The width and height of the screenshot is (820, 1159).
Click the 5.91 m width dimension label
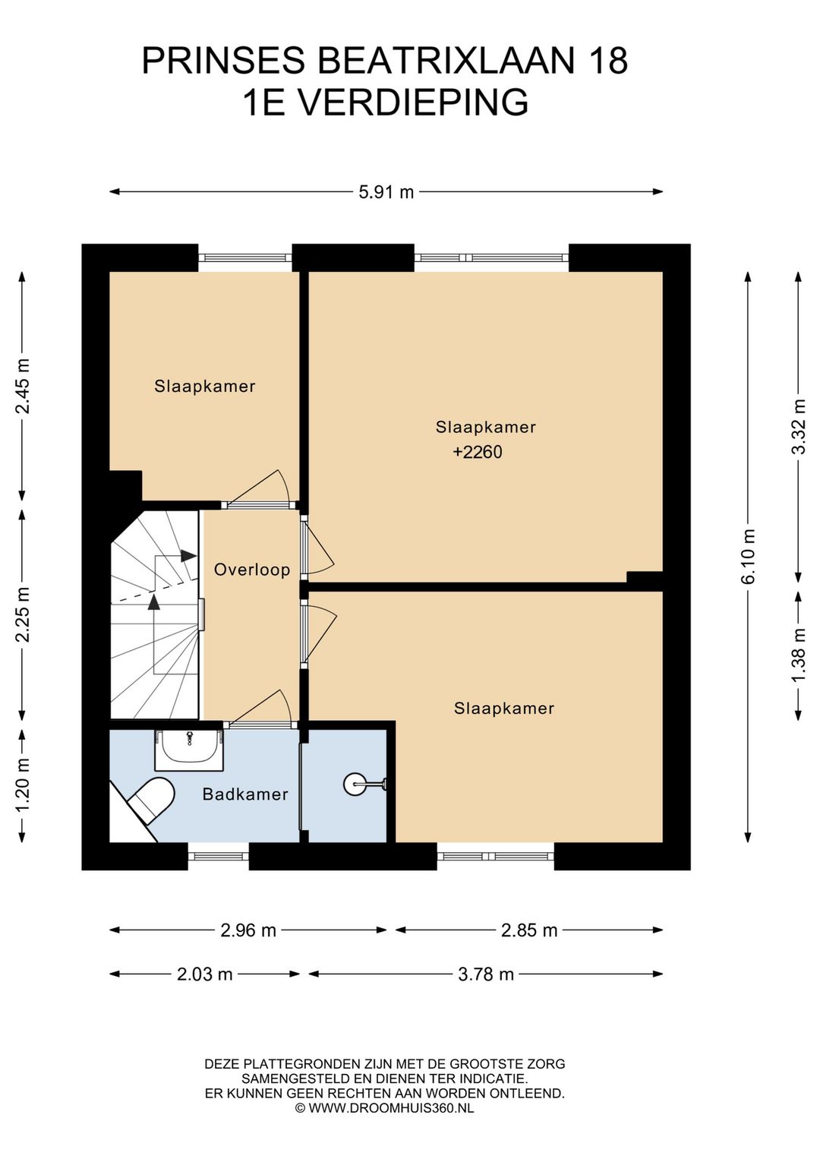coord(386,192)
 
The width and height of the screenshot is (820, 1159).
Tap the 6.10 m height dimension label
coord(748,556)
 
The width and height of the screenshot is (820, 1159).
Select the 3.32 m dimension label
coord(799,427)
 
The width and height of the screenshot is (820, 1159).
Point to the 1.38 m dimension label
coord(799,655)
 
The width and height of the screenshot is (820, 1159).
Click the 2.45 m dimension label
coord(22,386)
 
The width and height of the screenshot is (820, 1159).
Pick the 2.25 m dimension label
coord(22,614)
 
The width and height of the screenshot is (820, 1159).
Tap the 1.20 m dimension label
coord(22,784)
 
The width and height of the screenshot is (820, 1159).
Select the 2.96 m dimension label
coord(248,930)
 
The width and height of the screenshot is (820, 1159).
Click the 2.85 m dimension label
coord(529,930)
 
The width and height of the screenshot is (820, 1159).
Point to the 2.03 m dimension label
coord(205,974)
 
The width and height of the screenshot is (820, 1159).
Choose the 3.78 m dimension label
coord(486,974)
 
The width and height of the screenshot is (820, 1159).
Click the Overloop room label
coord(252,570)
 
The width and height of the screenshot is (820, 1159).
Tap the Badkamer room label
coord(245,794)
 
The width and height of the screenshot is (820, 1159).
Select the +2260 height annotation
coord(478,452)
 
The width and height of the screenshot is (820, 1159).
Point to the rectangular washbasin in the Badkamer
coord(189,750)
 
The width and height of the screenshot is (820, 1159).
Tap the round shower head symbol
coord(354,785)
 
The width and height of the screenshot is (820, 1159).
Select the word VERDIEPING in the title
coord(414,102)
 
